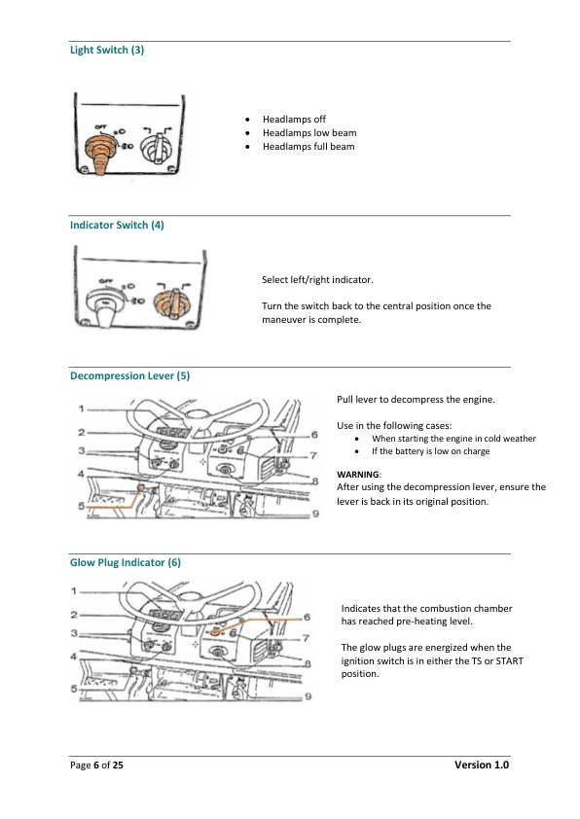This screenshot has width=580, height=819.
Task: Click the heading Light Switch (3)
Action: (107, 50)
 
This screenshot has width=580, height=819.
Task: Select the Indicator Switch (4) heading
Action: (117, 225)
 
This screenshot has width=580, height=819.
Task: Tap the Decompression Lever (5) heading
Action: (129, 376)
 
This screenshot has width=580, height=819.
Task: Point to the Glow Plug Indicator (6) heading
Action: (125, 562)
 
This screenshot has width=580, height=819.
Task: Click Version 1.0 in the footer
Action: (482, 766)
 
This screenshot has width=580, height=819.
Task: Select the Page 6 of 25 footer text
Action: (96, 766)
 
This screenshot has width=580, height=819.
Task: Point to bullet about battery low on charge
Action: (430, 451)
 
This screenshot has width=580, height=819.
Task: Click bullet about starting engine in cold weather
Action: (453, 439)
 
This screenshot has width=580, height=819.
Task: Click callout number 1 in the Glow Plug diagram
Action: (75, 590)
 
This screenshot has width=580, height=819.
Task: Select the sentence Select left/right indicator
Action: (317, 280)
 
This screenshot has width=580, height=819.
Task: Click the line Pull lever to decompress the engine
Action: (416, 400)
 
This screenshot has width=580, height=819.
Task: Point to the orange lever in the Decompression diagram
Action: (141, 486)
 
